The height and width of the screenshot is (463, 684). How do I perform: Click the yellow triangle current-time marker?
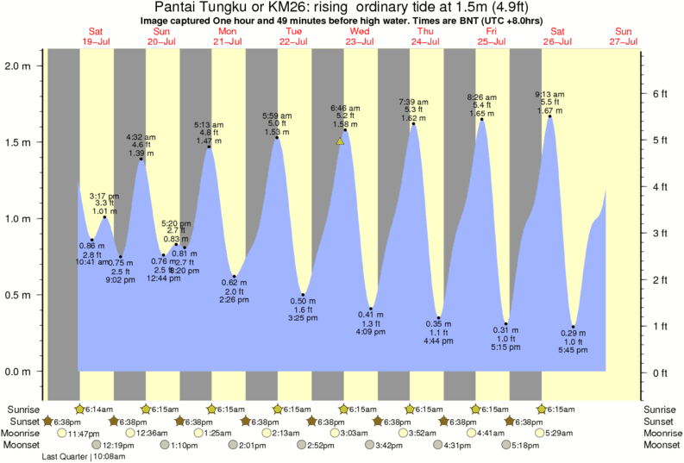tap(341, 141)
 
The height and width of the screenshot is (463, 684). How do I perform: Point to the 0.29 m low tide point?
tap(573, 327)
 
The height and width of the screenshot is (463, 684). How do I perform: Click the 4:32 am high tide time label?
tap(141, 137)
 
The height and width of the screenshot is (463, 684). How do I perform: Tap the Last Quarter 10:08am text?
tap(84, 456)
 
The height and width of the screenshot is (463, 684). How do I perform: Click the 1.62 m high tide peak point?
tap(414, 124)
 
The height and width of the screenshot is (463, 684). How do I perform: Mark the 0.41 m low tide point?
tap(371, 308)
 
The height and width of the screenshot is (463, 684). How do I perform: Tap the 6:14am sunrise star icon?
tap(80, 409)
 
